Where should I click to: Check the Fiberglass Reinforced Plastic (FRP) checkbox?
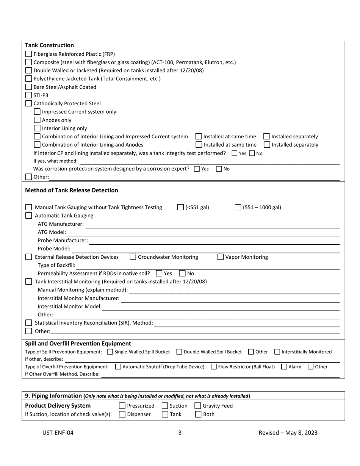tap(29, 54)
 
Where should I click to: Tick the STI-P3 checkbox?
tap(29, 95)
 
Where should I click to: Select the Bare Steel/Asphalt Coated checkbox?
tap(29, 87)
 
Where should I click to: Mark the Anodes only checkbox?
tap(37, 120)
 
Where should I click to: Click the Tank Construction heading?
tap(49, 45)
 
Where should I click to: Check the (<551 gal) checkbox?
tap(181, 207)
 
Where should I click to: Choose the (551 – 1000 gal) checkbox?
tap(238, 207)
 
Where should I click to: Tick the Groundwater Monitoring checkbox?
tap(133, 257)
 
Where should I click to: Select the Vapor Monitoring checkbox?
tap(221, 257)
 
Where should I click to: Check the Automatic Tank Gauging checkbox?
tap(29, 216)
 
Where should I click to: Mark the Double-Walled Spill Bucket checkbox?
tap(179, 352)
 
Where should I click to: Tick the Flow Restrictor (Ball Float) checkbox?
tap(214, 367)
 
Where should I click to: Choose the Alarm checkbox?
tap(284, 367)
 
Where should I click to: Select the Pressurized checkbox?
tap(122, 406)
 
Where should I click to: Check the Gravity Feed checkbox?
tap(198, 406)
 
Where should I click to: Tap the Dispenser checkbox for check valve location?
tap(122, 414)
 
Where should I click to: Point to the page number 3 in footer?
tap(180, 433)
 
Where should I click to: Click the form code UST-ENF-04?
tap(58, 433)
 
